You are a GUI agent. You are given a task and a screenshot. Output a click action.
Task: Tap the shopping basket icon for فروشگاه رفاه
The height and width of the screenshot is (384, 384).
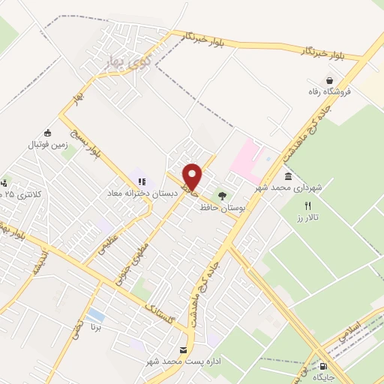click(x=328, y=80)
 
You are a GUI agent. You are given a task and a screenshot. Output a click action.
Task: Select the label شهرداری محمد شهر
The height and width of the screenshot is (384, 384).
click(x=287, y=187)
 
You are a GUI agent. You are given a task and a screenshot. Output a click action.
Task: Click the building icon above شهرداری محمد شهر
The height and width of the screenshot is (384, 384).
click(x=288, y=175)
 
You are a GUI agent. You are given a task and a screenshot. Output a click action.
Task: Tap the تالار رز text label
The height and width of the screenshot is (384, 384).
click(x=307, y=216)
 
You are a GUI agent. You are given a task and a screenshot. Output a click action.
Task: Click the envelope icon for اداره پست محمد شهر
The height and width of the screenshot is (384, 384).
click(x=184, y=350)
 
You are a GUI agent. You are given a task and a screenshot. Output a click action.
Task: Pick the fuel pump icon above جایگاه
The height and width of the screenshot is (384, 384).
click(x=323, y=365)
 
